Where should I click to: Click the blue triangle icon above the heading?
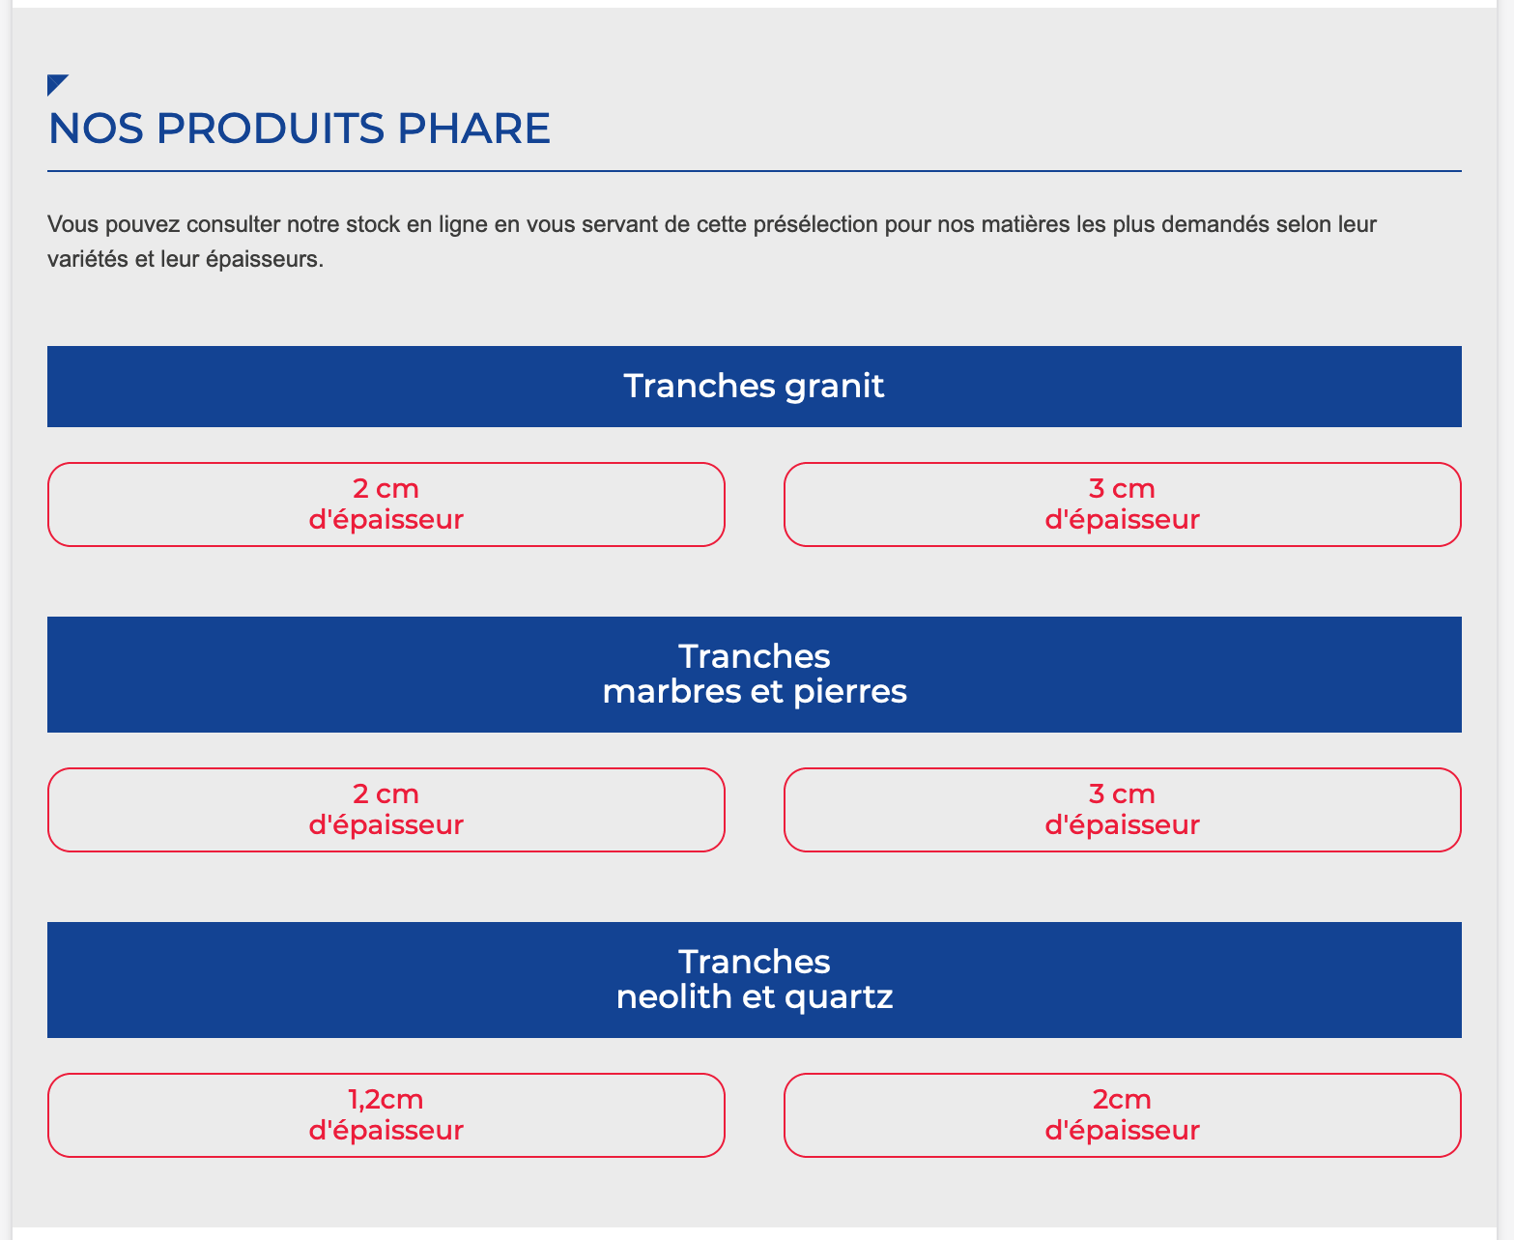click(x=55, y=82)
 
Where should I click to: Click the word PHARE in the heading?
click(x=473, y=129)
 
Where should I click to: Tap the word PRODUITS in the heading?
click(x=270, y=129)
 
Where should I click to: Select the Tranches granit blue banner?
click(x=755, y=387)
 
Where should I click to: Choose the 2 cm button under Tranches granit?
click(x=386, y=505)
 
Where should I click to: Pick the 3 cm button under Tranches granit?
click(x=1122, y=505)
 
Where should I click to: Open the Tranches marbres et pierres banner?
click(x=755, y=675)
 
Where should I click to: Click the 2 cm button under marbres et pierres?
click(x=386, y=810)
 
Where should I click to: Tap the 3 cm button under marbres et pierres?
click(x=1122, y=810)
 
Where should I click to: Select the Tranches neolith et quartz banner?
click(x=755, y=980)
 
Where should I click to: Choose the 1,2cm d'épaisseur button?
click(x=386, y=1115)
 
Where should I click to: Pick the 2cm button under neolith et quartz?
click(x=1122, y=1115)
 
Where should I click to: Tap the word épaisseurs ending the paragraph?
click(x=264, y=259)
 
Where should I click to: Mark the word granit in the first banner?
click(x=834, y=387)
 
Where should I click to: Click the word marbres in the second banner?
click(x=671, y=691)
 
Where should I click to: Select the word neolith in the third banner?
click(x=673, y=996)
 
